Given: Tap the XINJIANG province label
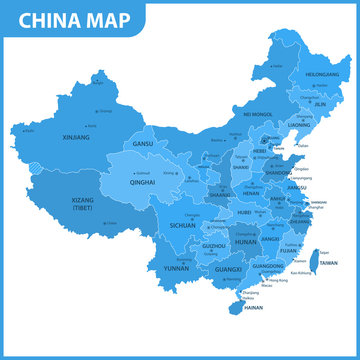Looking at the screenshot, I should [75, 136].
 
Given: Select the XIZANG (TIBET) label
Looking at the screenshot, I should [84, 204].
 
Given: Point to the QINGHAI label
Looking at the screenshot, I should [142, 183].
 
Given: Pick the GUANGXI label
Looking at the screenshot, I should [228, 270].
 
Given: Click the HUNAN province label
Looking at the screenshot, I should [245, 241].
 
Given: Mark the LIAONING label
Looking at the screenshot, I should [299, 125].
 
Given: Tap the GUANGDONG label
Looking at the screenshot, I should [268, 267].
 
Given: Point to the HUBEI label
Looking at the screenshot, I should [243, 212].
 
